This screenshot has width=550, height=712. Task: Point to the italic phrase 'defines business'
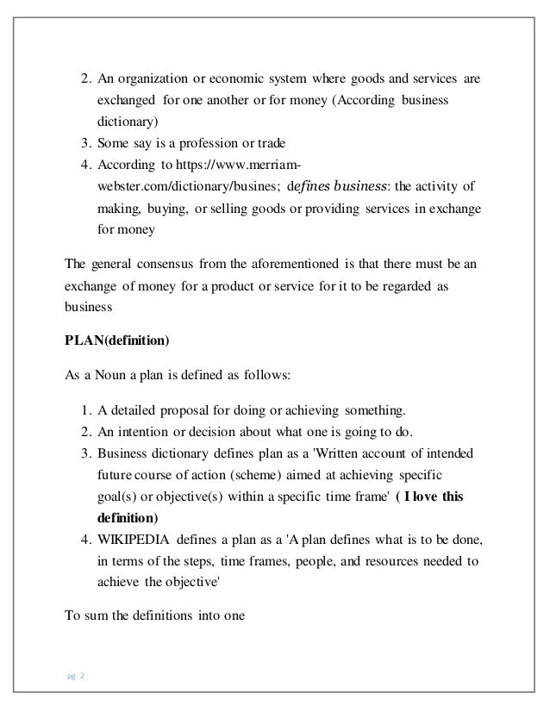341,185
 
